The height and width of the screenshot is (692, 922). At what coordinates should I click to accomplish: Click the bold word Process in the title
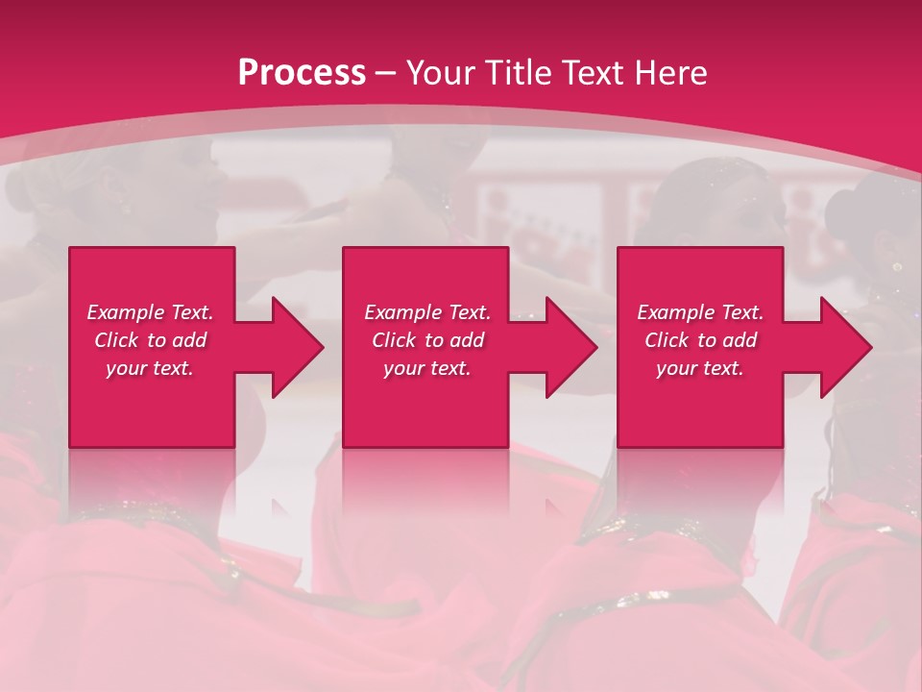pos(302,73)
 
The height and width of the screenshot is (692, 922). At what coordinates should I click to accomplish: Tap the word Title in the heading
pos(513,73)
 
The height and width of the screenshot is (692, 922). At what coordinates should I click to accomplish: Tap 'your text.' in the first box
pos(150,367)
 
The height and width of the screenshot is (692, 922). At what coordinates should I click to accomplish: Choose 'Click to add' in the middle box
pos(427,340)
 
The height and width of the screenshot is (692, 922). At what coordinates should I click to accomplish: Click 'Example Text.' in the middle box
pos(427,312)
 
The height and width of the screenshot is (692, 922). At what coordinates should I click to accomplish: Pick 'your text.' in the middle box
pos(427,367)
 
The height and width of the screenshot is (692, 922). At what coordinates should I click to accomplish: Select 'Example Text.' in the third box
pos(700,312)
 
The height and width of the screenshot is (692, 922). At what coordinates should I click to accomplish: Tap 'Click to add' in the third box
pos(700,340)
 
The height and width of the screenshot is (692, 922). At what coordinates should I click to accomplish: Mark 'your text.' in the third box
pos(700,367)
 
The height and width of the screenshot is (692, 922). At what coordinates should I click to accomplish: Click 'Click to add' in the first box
pos(150,340)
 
